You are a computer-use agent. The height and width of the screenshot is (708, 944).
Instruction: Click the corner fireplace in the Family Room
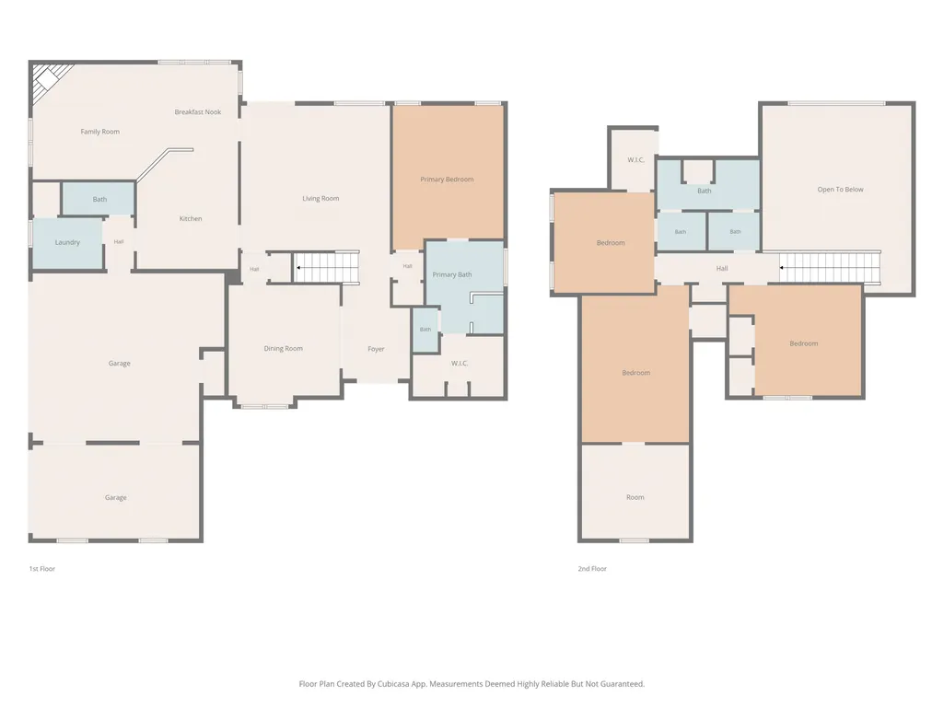47,79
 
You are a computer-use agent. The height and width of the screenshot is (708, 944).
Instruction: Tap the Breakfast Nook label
198,112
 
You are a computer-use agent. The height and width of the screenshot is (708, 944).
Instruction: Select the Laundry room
67,243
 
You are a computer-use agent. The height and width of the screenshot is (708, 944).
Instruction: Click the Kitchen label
191,218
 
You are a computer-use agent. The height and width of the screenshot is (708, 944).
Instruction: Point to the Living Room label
320,198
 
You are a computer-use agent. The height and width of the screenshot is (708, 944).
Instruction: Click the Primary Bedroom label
447,180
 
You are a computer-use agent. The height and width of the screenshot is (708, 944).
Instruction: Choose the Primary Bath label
452,274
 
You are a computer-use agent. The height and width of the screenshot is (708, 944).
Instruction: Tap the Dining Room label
284,349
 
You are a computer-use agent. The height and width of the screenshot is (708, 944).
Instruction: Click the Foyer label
377,349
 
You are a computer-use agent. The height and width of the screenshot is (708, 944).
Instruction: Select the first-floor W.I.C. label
460,363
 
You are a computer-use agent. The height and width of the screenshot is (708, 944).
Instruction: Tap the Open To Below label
841,190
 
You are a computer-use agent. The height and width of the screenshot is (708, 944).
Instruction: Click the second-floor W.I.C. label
635,160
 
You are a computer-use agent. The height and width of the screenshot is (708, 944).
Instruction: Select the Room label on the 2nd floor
635,497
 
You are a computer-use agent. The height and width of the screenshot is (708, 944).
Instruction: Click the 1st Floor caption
42,569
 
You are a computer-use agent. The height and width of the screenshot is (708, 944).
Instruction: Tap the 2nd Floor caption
592,569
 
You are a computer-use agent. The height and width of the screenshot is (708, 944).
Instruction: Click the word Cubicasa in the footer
394,684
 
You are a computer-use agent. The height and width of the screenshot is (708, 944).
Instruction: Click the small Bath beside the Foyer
425,330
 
